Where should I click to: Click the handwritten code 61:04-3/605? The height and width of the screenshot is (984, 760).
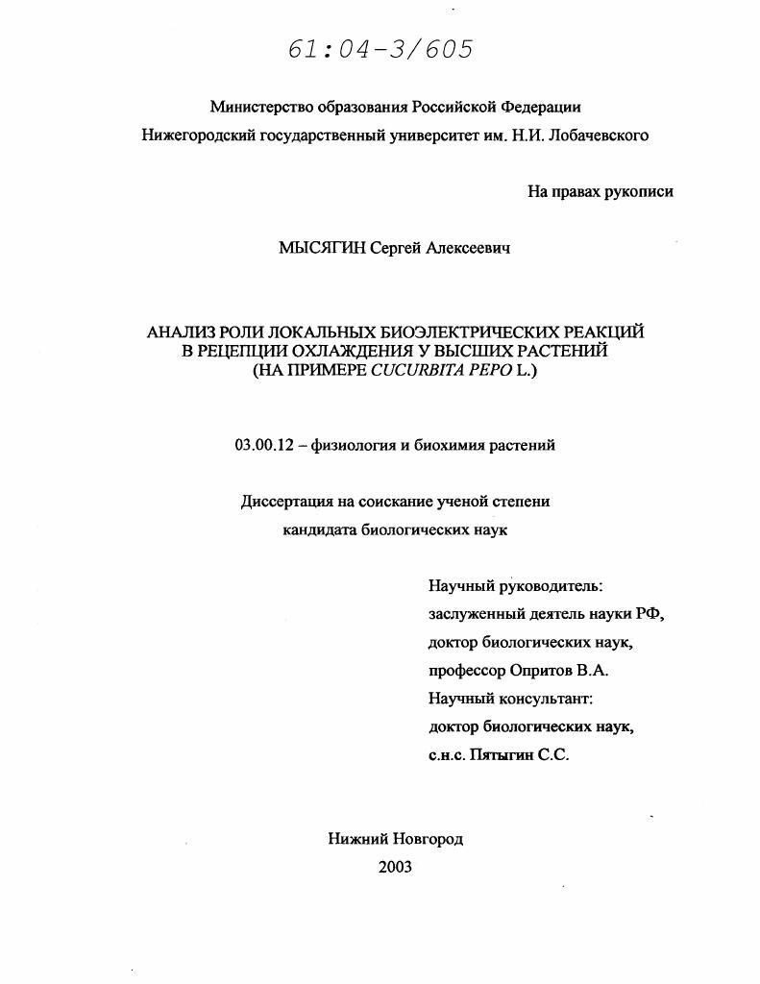coord(380,50)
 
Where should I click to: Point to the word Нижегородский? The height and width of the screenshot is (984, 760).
coord(198,135)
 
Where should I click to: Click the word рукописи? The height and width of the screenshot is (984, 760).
coord(638,191)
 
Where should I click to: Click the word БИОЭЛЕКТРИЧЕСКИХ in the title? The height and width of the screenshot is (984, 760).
coord(460,332)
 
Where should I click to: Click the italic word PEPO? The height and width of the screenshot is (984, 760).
coord(493,370)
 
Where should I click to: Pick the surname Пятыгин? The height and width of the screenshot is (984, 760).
coord(499,755)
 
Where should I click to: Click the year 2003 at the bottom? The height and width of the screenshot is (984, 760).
coord(395,867)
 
